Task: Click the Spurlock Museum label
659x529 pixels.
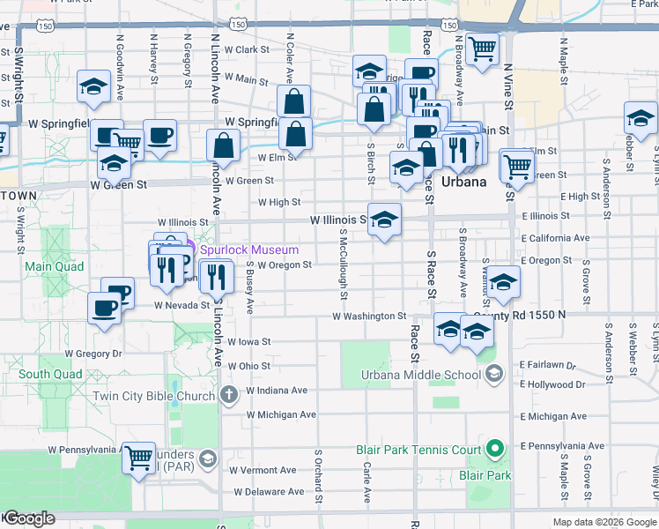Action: coord(243,250)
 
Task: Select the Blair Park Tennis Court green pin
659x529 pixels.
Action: coord(495,450)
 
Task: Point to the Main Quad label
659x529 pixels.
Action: coord(55,266)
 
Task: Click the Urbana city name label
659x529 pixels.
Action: coord(463,182)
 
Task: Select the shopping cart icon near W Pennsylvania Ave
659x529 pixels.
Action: coord(138,458)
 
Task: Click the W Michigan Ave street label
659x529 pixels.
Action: coord(281,414)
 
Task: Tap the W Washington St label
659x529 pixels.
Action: coord(368,316)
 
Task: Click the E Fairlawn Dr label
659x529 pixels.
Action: coord(547,364)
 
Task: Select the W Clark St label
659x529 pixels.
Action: coord(245,50)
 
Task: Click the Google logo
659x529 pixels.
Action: coord(28,519)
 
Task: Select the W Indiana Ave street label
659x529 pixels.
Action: coord(277,390)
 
